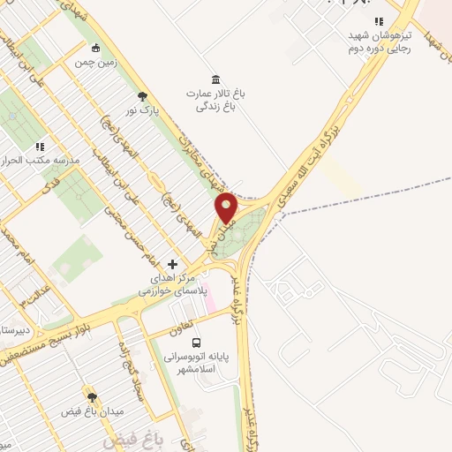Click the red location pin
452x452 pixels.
[x=227, y=207]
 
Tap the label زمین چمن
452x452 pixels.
[x=95, y=64]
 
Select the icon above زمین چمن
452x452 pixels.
[x=95, y=49]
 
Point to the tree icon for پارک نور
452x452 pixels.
[x=142, y=97]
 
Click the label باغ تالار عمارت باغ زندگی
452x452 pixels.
[x=215, y=99]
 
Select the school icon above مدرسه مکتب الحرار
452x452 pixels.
[x=39, y=147]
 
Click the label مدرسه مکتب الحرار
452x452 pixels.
[x=43, y=162]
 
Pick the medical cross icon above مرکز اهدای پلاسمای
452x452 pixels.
[x=172, y=264]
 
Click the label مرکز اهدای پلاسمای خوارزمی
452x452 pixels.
[x=173, y=283]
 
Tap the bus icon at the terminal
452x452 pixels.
[x=196, y=343]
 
